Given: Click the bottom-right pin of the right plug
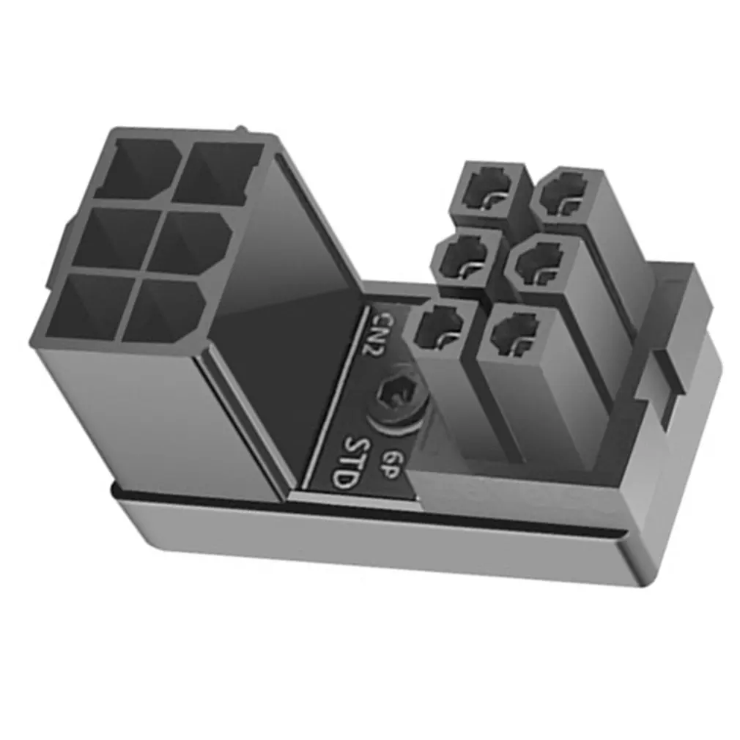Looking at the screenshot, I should tap(515, 333).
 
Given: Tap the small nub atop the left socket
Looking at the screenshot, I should tap(242, 132).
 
